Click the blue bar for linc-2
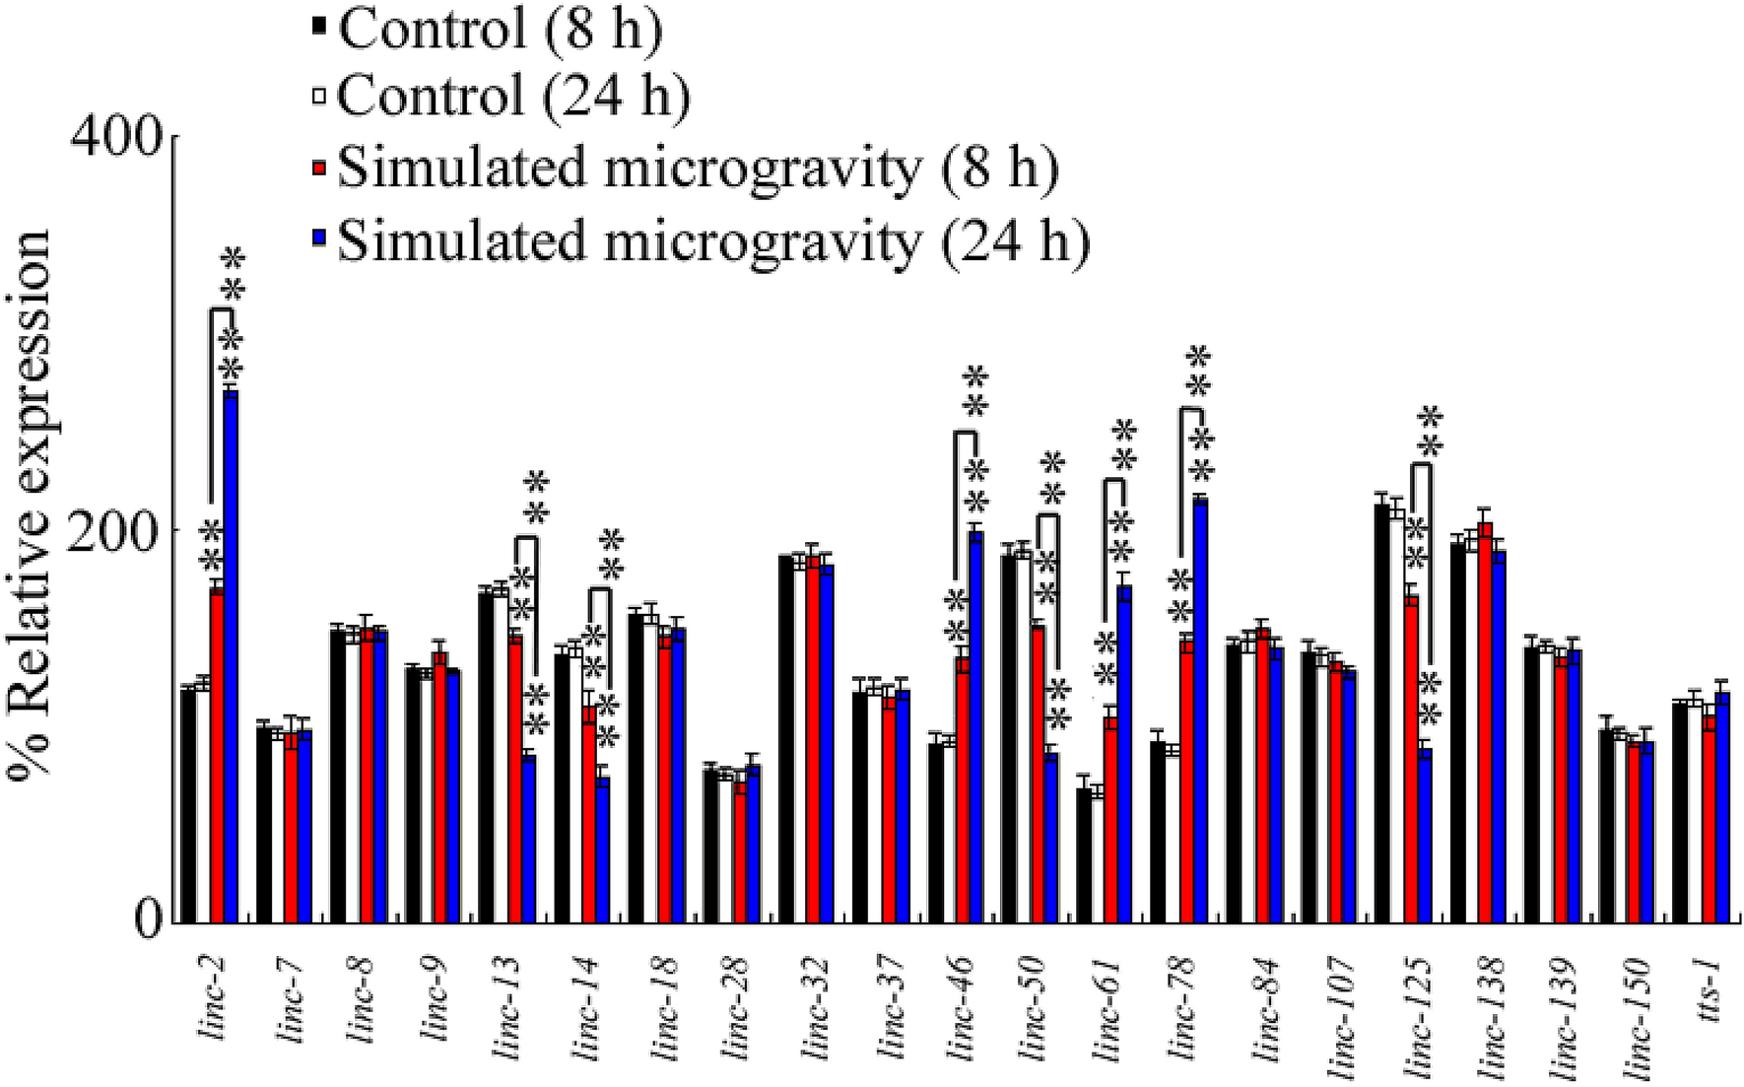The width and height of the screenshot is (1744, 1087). (231, 656)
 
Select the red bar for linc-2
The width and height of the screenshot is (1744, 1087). (217, 755)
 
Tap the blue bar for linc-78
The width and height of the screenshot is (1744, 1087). (1200, 711)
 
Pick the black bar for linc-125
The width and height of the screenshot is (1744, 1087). (1382, 713)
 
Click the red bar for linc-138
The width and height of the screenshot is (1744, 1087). (1486, 722)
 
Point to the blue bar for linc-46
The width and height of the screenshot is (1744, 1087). (976, 727)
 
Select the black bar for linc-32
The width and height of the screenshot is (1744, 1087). (786, 739)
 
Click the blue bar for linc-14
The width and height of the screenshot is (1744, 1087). (603, 849)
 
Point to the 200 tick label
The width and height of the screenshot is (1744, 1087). (117, 530)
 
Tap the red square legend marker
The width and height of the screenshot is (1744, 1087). (319, 169)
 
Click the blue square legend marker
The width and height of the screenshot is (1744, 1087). (319, 239)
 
